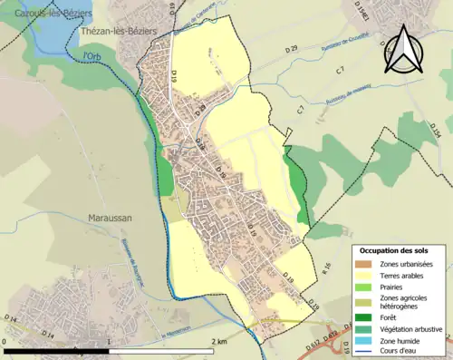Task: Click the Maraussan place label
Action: coord(113,219)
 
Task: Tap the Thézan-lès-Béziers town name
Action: coord(118,31)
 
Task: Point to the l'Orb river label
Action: coord(92,56)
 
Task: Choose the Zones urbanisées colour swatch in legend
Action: coord(365,264)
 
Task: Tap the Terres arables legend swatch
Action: coord(365,276)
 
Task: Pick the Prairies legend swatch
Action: coord(365,287)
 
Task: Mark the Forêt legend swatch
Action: coord(365,316)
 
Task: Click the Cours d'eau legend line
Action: coord(365,351)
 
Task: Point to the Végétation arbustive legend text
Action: coord(410,328)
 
